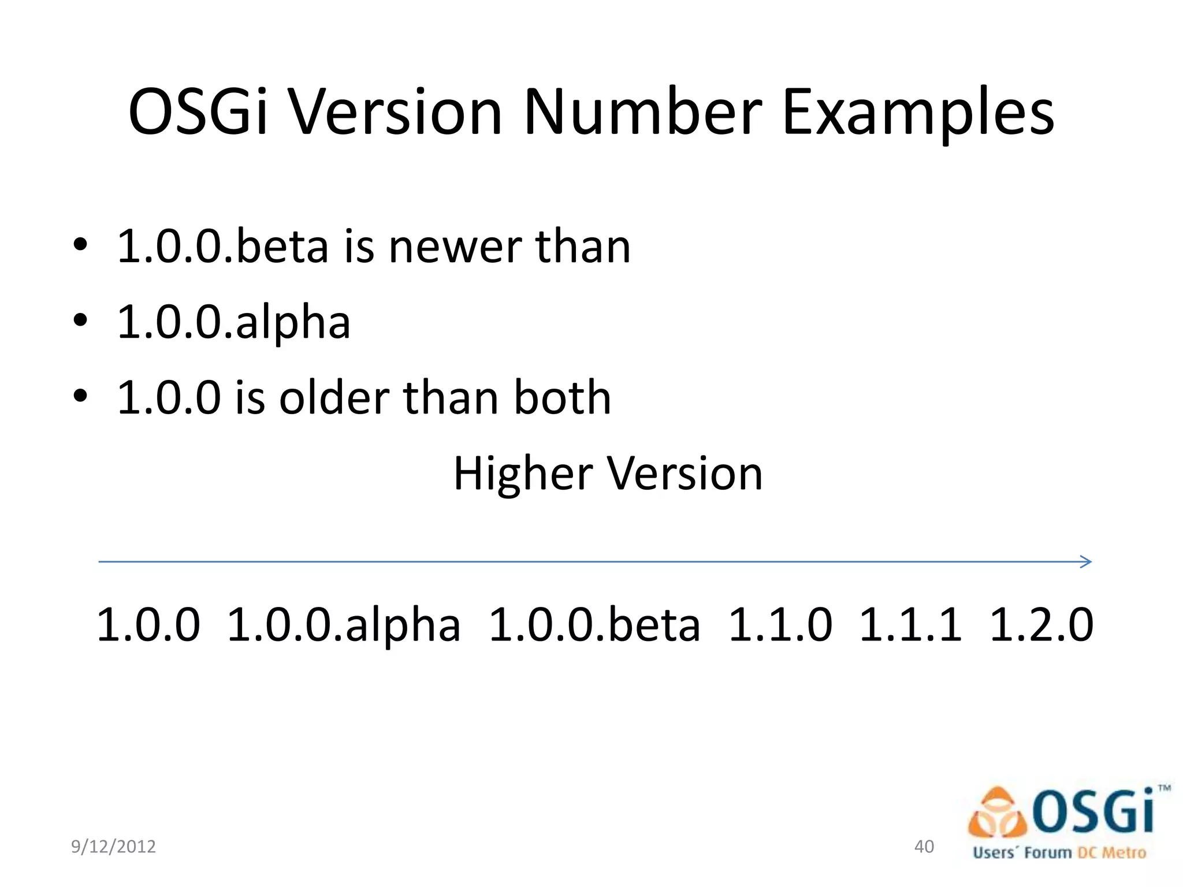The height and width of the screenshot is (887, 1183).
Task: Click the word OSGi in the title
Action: pyautogui.click(x=198, y=112)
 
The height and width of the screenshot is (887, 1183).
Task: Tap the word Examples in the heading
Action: pyautogui.click(x=918, y=113)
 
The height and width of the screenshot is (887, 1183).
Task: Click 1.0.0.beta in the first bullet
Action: pyautogui.click(x=223, y=247)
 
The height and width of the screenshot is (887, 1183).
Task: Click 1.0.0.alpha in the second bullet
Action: pyautogui.click(x=234, y=322)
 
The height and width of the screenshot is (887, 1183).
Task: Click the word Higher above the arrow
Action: pyautogui.click(x=523, y=474)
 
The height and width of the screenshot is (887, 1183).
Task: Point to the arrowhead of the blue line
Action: pyautogui.click(x=1086, y=561)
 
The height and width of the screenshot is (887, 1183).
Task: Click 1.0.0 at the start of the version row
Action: pyautogui.click(x=148, y=625)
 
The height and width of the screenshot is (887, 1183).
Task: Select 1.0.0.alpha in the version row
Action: pyautogui.click(x=344, y=625)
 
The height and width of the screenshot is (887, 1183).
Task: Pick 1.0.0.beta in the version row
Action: pyautogui.click(x=594, y=625)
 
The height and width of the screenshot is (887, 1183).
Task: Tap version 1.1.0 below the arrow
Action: pyautogui.click(x=780, y=625)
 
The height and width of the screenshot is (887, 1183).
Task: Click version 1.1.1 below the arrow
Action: pyautogui.click(x=911, y=625)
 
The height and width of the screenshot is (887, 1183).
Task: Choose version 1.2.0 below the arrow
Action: pyautogui.click(x=1041, y=625)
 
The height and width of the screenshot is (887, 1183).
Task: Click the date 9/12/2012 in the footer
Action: pyautogui.click(x=113, y=847)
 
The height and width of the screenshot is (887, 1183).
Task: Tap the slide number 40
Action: pyautogui.click(x=924, y=847)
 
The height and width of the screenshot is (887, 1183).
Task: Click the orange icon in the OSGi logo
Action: pyautogui.click(x=998, y=814)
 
